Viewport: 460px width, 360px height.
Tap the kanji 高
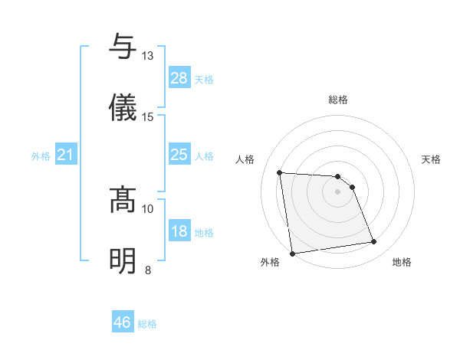point(123,198)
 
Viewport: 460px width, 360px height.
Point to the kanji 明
point(123,260)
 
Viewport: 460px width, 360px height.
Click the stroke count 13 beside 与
point(148,56)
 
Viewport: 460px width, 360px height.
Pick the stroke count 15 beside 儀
point(148,117)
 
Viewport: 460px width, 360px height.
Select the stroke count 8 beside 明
point(148,270)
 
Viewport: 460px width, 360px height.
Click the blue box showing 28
point(179,78)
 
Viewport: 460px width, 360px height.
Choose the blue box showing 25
point(179,155)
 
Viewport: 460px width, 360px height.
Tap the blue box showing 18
point(179,232)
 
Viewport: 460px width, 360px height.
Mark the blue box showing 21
point(66,155)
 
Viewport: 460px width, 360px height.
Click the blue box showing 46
point(123,323)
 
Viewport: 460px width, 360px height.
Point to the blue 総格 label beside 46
point(148,324)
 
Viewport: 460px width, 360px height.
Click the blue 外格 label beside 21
point(41,156)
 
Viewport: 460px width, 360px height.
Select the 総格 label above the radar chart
point(338,100)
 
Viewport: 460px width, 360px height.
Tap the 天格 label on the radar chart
point(432,159)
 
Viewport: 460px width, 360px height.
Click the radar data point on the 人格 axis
point(280,172)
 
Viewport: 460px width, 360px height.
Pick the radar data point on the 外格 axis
point(292,253)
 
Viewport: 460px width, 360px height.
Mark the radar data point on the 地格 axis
point(374,242)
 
